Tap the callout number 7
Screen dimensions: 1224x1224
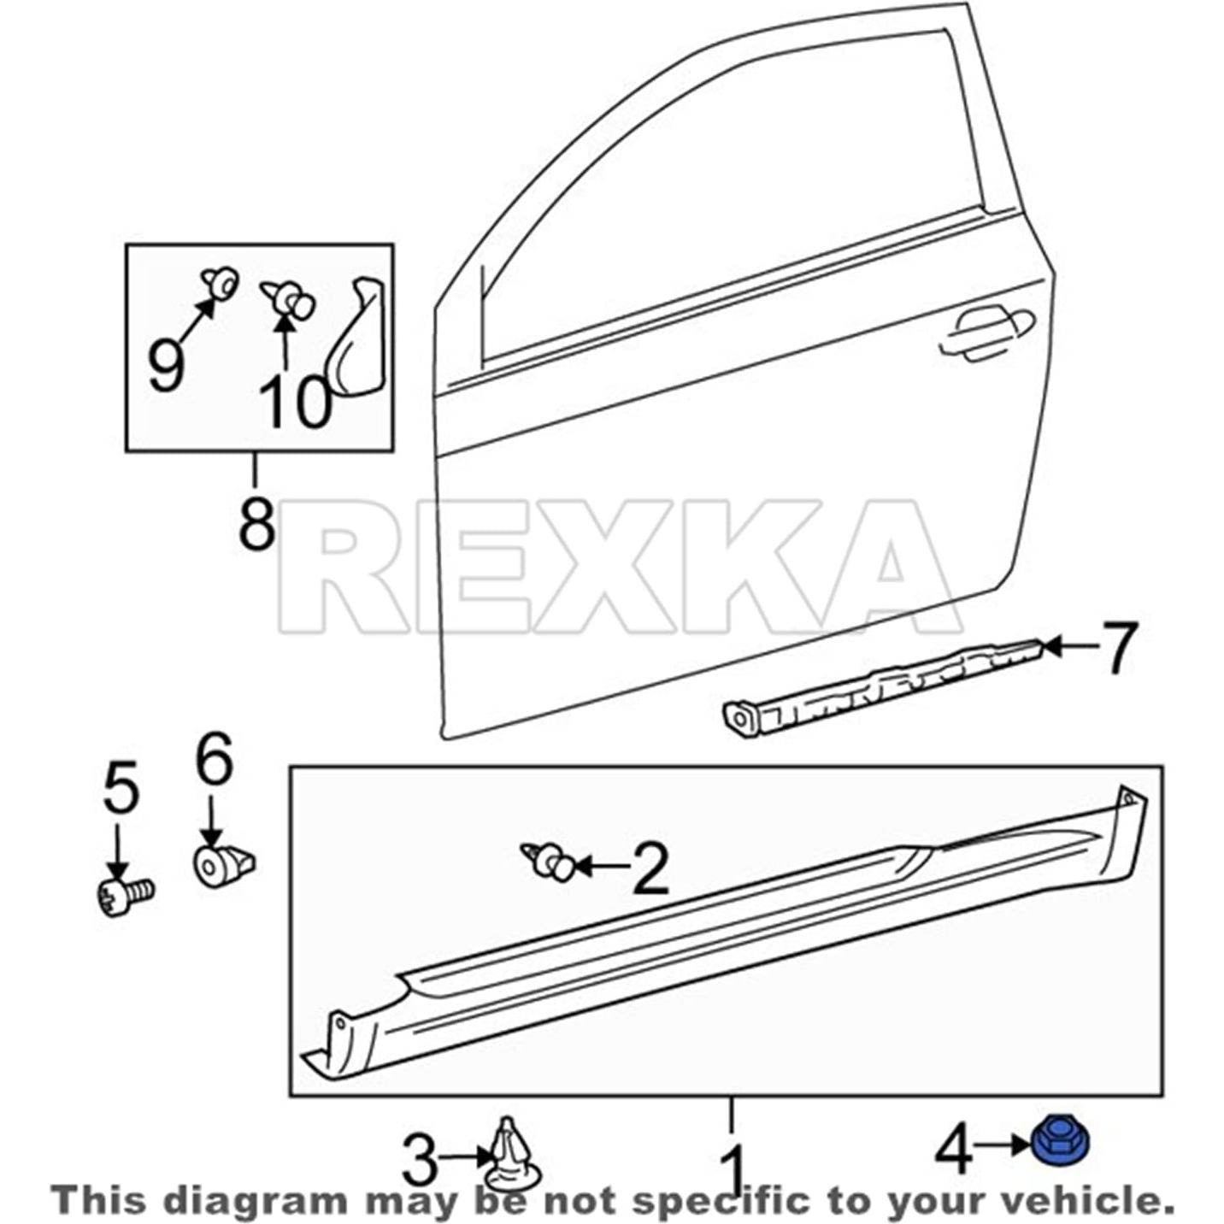click(x=1110, y=647)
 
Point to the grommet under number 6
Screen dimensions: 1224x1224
click(x=221, y=865)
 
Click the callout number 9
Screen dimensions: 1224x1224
click(x=166, y=365)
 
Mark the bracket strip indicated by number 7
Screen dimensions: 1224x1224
click(x=880, y=686)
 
